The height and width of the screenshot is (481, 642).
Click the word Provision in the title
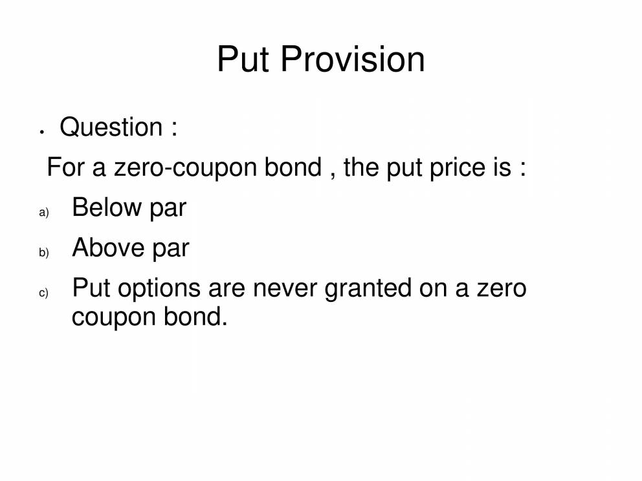353,59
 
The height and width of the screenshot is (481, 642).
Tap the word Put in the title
243,59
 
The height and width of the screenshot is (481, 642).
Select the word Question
111,127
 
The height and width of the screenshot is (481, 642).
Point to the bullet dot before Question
41,132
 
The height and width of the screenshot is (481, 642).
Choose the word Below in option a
107,208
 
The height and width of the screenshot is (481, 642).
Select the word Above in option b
107,248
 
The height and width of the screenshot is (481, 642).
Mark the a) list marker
44,213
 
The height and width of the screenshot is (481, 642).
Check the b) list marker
44,253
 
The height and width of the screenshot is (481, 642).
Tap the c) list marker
44,293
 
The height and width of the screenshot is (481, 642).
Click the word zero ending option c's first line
502,288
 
